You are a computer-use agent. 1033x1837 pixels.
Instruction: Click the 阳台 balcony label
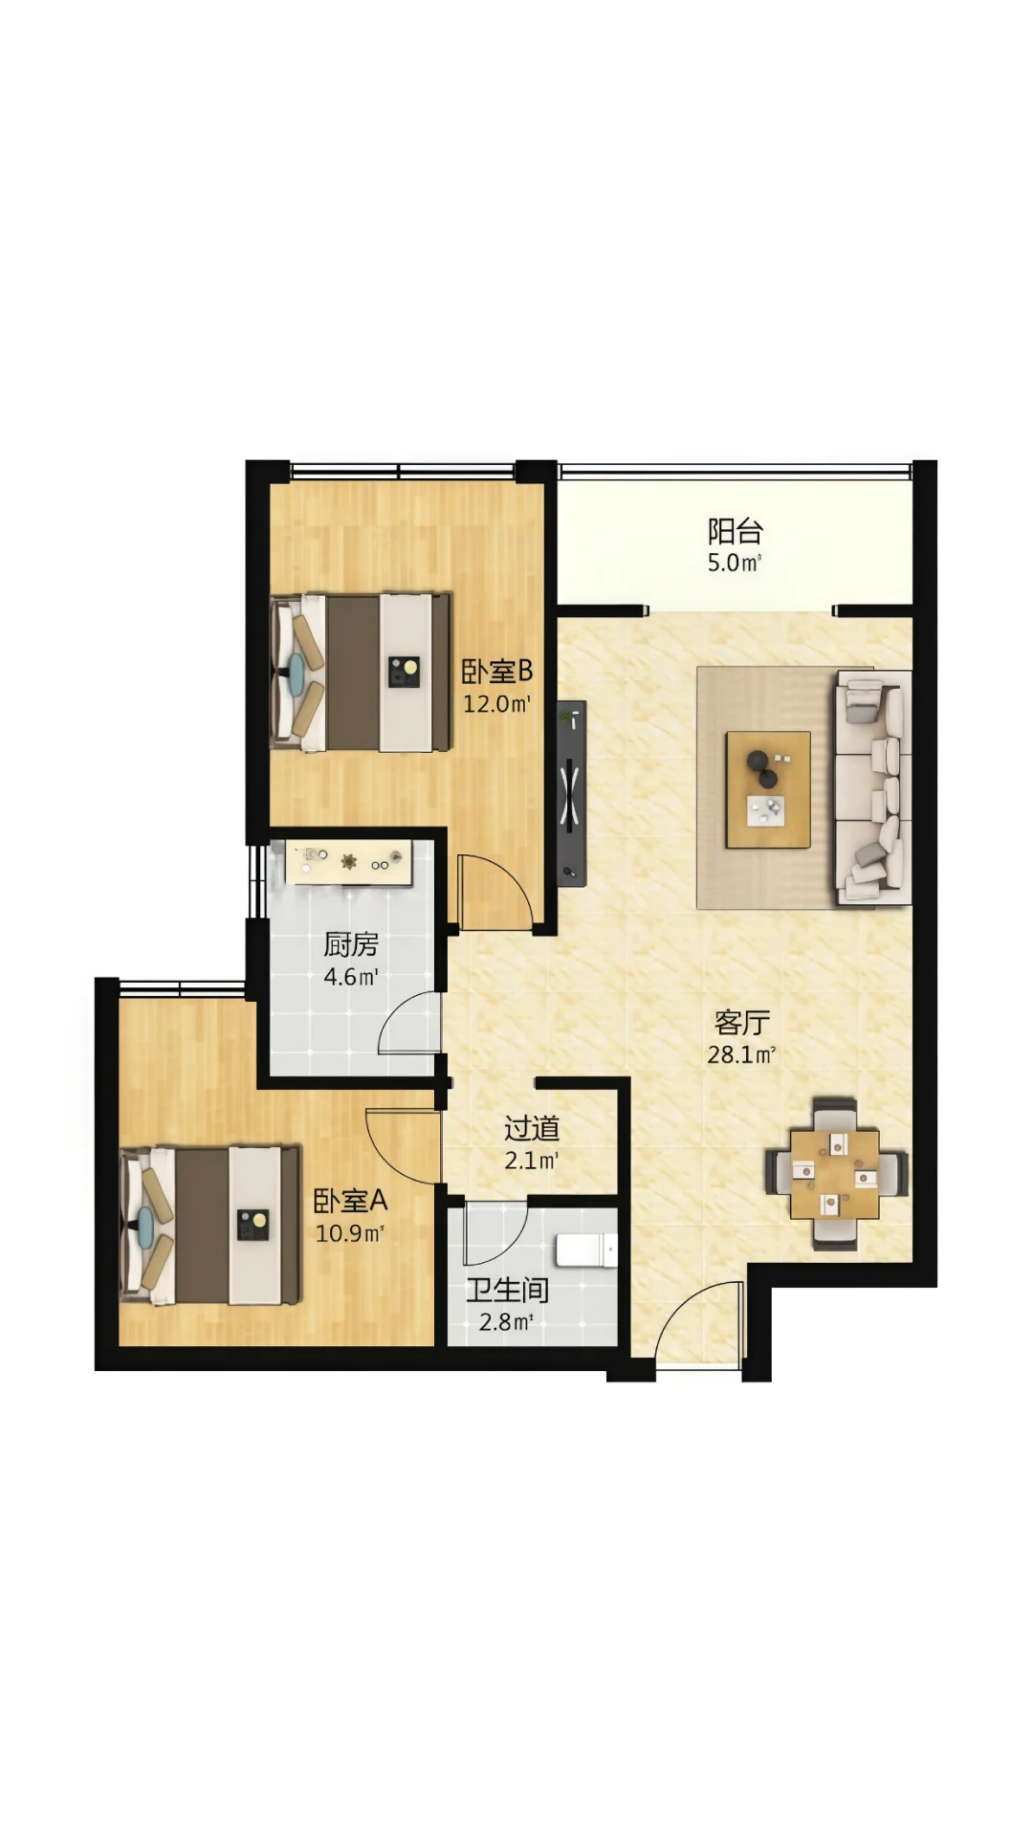point(735,531)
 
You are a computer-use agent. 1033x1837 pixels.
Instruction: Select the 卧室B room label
point(496,672)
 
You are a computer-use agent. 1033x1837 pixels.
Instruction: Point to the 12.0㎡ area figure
point(496,704)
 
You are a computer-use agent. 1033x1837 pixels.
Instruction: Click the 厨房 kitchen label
point(351,944)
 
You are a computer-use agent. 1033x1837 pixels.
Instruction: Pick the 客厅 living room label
point(741,1023)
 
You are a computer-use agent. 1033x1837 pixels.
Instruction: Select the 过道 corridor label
point(532,1129)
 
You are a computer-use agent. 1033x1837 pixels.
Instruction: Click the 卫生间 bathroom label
point(507,1290)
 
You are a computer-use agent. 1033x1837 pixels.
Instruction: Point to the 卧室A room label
point(350,1200)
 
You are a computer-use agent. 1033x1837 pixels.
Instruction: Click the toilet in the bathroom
point(586,1250)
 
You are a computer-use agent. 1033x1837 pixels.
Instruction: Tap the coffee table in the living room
point(768,789)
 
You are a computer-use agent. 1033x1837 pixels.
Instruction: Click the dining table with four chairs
point(835,1174)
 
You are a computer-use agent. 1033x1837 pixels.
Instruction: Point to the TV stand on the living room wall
point(572,793)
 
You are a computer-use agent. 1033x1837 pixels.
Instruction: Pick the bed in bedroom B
point(361,673)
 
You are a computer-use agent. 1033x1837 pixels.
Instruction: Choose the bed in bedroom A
point(210,1226)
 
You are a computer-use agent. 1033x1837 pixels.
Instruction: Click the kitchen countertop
point(349,863)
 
